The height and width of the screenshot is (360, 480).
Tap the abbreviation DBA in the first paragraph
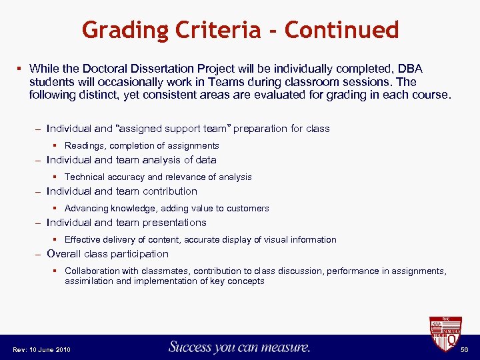point(407,69)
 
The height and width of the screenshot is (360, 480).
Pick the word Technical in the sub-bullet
point(85,177)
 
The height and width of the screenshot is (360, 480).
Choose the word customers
point(247,209)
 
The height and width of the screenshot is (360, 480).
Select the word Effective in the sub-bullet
point(83,240)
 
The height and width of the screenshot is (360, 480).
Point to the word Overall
point(64,254)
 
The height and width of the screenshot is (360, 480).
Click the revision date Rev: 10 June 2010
point(41,350)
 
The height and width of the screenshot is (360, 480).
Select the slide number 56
point(464,350)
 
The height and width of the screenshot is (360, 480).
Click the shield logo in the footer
point(445,335)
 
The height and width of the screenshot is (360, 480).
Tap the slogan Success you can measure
point(239,347)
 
